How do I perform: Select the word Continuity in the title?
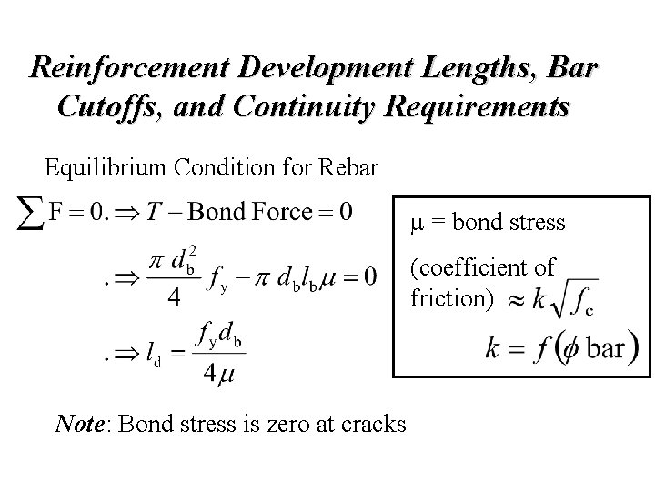click(x=296, y=105)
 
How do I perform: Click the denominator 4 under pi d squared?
click(x=172, y=297)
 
